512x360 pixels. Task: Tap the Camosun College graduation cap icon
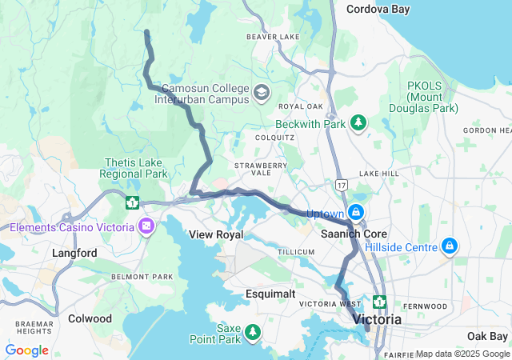tap(261, 94)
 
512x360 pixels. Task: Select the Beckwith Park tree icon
tap(359, 122)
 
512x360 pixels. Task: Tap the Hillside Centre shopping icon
tap(450, 245)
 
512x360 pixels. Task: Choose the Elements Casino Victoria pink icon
tap(146, 226)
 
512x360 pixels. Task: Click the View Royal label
tap(215, 234)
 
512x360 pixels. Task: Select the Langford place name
tap(74, 253)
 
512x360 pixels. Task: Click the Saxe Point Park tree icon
tap(253, 331)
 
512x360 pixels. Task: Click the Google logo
tap(27, 350)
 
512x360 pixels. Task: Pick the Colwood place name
tap(90, 318)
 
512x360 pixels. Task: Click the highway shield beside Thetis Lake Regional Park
tap(131, 202)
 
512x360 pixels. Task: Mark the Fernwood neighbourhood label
tap(426, 306)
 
